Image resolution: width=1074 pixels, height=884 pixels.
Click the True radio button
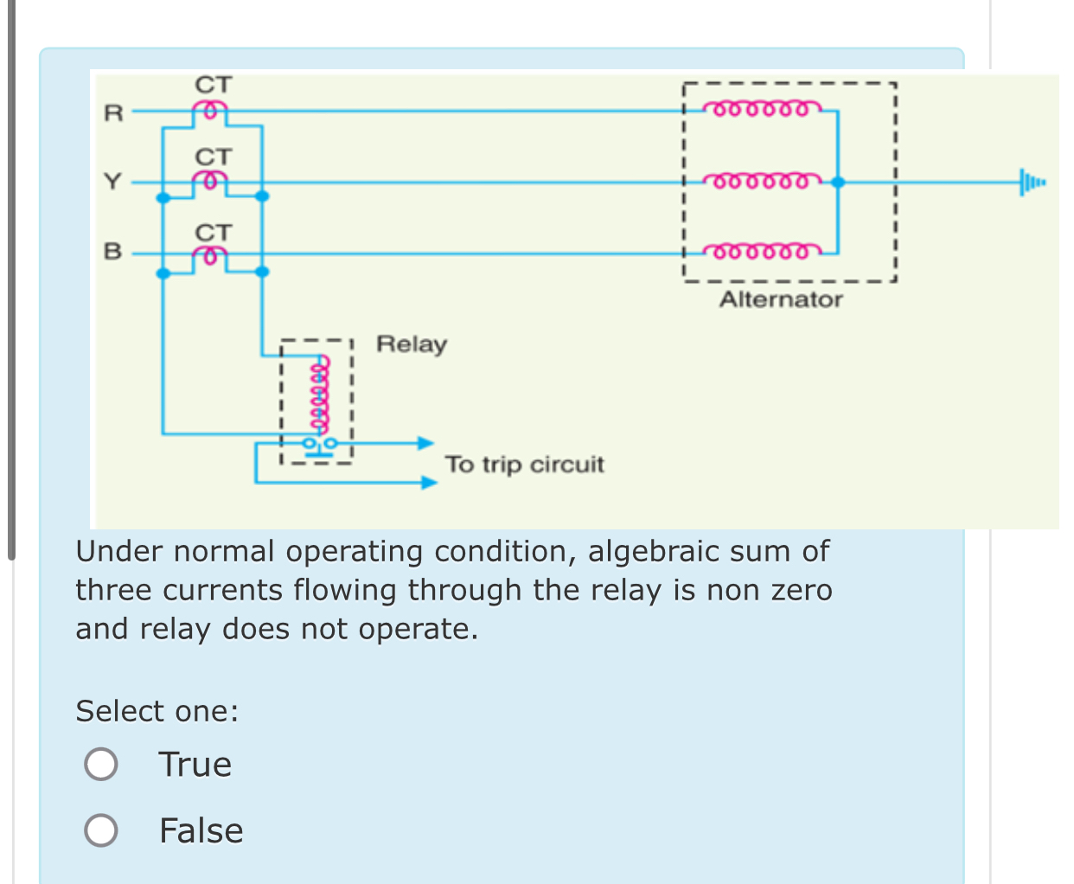tap(101, 764)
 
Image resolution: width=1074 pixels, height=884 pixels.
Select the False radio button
tap(101, 830)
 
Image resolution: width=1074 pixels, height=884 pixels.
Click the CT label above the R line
tap(213, 85)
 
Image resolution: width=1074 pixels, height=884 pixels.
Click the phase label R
tap(113, 112)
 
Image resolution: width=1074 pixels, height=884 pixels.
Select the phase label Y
tap(113, 182)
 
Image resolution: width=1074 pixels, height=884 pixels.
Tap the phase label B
tap(113, 252)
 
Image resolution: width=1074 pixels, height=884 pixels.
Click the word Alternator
tap(781, 299)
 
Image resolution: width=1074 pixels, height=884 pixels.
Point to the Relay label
tap(412, 344)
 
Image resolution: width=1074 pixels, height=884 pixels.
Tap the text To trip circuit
tap(524, 464)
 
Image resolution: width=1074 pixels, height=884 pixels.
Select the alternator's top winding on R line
tap(759, 109)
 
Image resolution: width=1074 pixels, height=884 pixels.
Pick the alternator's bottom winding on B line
tap(759, 252)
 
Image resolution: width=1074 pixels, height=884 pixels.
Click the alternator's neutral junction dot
tap(837, 182)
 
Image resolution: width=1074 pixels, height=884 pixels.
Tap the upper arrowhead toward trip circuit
tap(425, 443)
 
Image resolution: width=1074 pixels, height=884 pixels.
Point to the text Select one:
tap(157, 711)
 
